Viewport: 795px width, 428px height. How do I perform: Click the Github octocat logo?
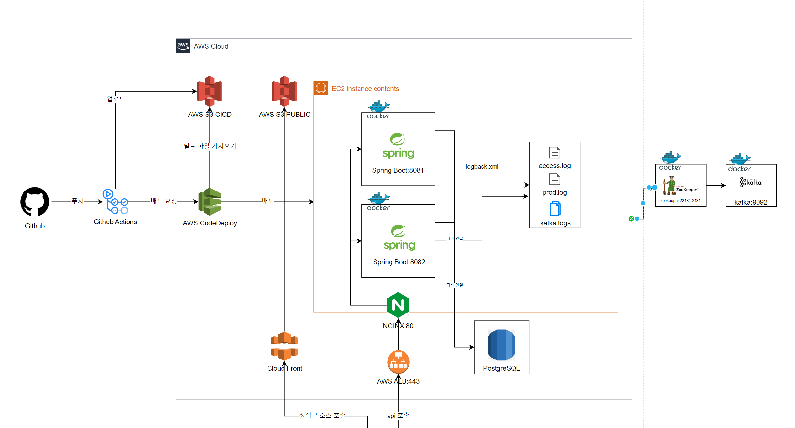coord(35,201)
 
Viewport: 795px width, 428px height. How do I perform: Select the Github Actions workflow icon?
coord(115,202)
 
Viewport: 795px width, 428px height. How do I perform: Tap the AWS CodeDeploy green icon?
coord(210,202)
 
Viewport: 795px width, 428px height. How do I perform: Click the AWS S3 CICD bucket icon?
coord(210,91)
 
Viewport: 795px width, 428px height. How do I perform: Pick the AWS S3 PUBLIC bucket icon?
coord(284,91)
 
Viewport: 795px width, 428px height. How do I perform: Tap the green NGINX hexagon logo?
coord(398,305)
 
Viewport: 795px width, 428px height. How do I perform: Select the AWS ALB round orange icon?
coord(398,362)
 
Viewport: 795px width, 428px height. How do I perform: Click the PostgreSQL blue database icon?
coord(501,345)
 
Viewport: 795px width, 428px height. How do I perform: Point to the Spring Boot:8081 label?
coord(398,170)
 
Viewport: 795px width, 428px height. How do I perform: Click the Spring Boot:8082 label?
coord(399,262)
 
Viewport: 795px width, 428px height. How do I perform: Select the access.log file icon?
coord(555,153)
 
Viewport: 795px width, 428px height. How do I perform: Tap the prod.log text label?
coord(555,192)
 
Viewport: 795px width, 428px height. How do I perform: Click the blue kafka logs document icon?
coord(555,209)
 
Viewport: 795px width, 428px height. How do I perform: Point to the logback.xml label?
coord(482,167)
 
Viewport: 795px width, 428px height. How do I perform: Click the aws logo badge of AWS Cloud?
coord(183,46)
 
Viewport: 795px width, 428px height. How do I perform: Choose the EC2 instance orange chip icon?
coord(321,88)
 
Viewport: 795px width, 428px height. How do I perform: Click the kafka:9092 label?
coord(751,202)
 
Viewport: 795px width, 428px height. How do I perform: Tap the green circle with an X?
coord(631,219)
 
